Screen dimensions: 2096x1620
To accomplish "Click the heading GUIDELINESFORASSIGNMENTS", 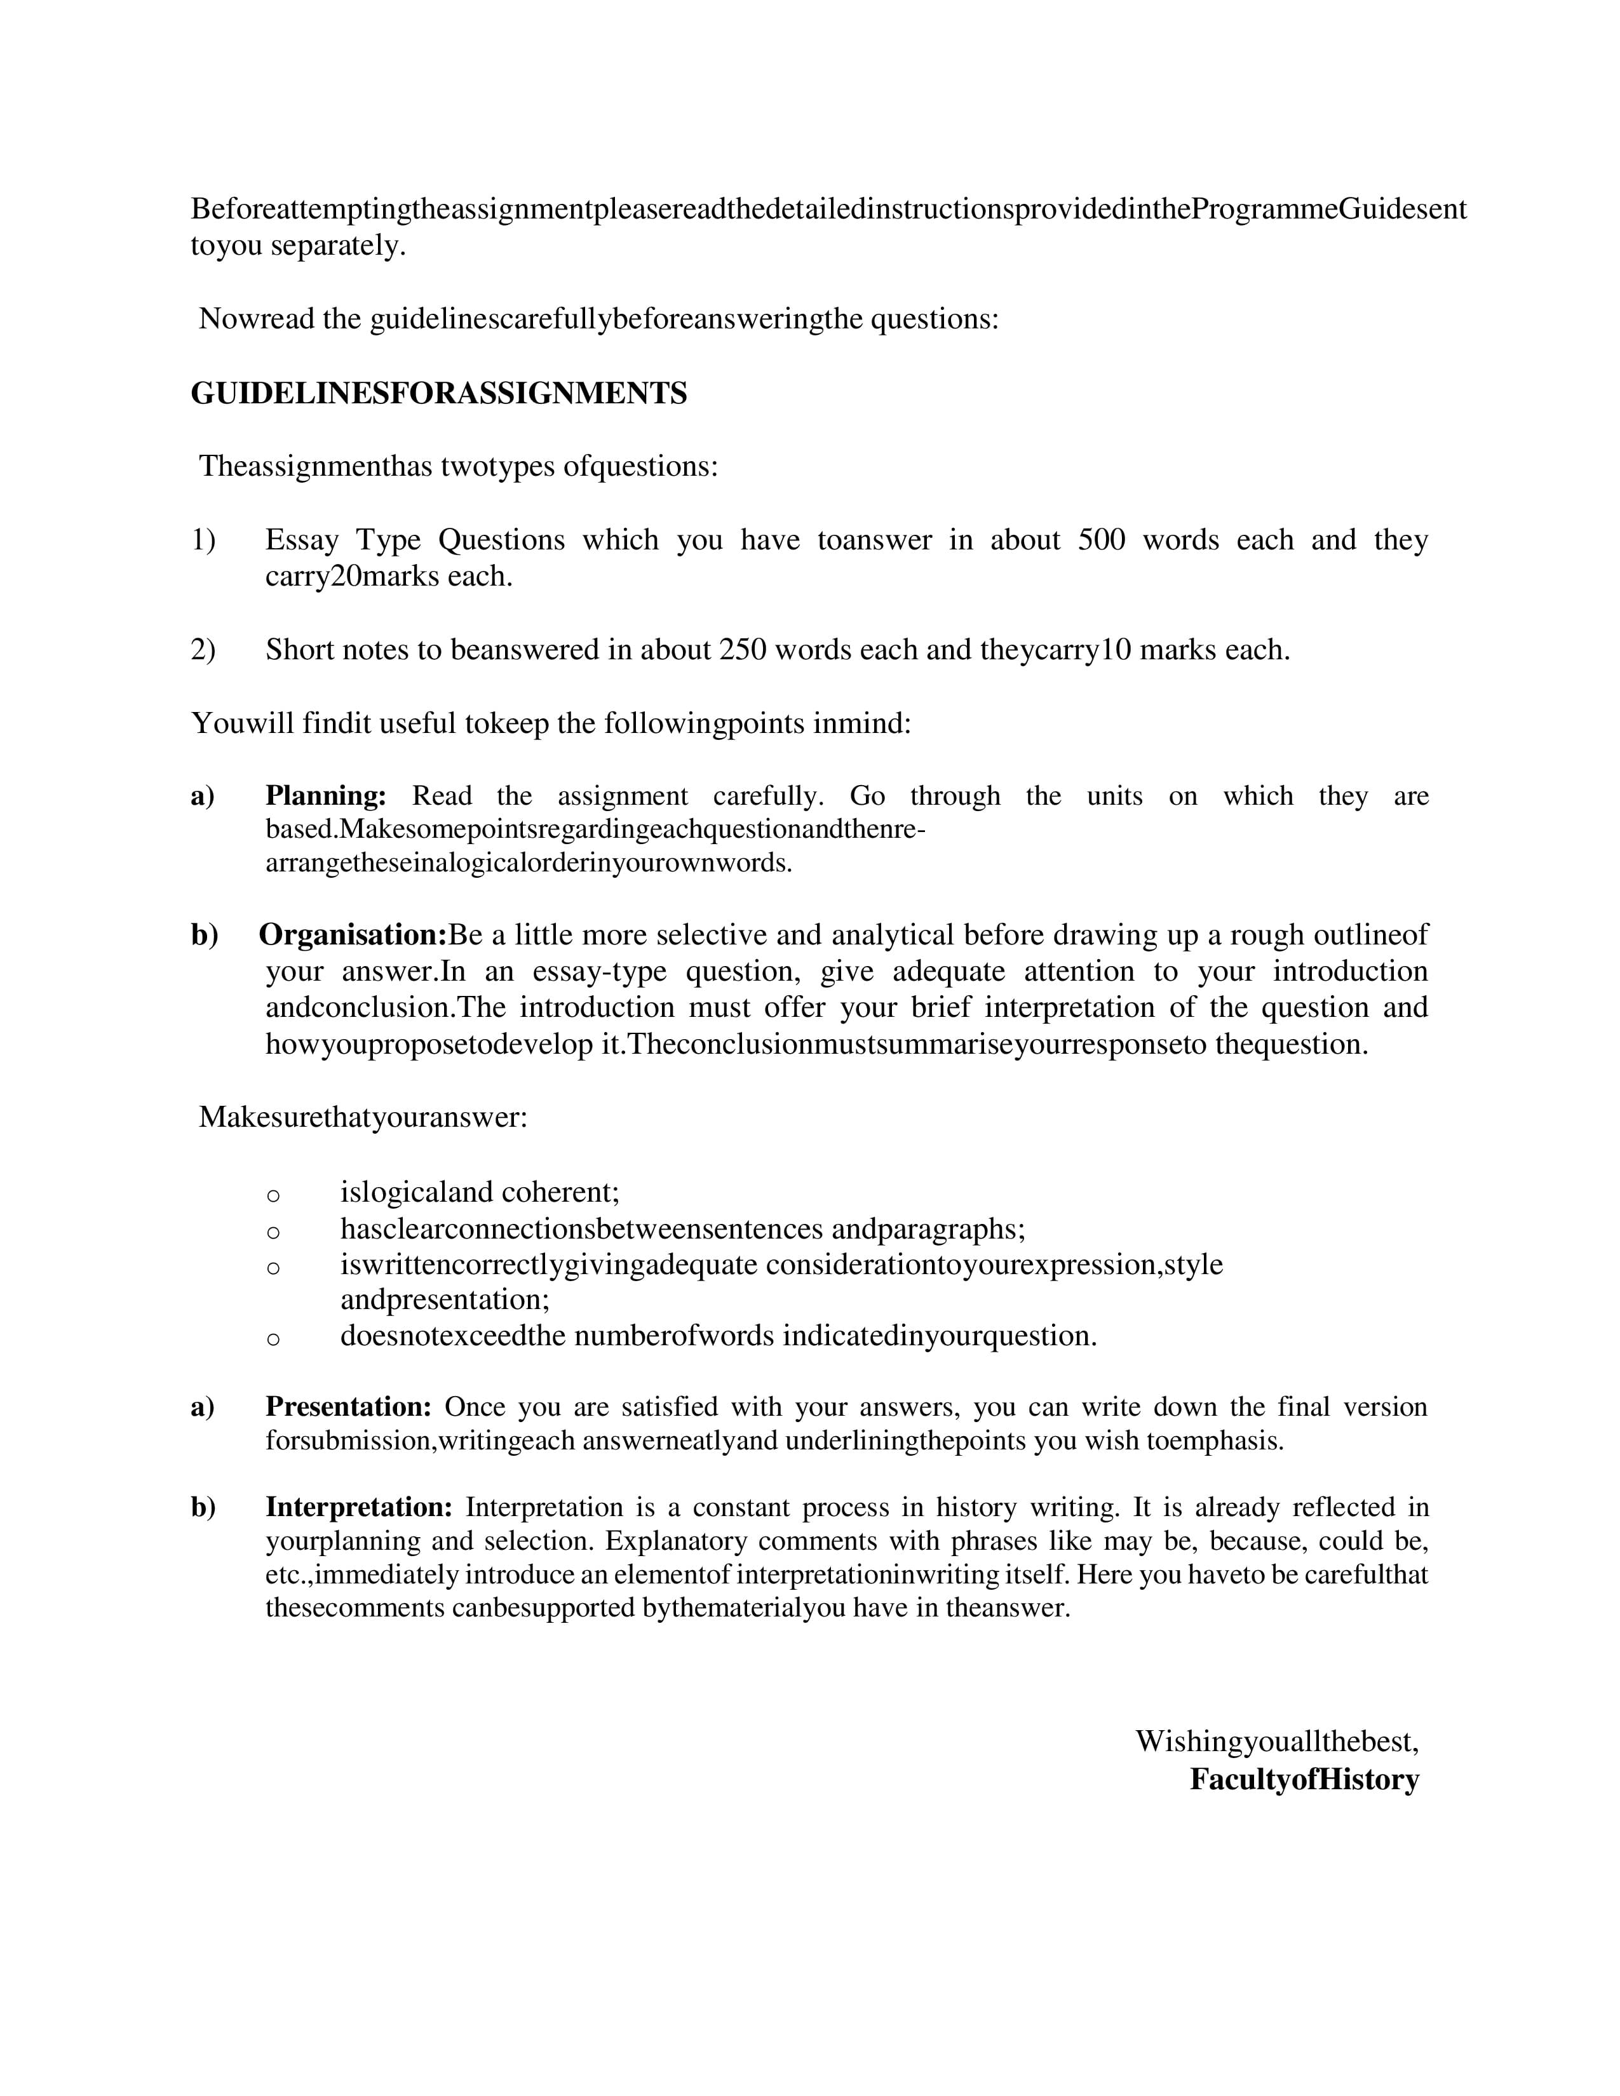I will tap(438, 394).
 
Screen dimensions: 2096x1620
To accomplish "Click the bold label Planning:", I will tap(325, 796).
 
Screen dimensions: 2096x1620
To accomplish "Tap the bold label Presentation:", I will tap(348, 1406).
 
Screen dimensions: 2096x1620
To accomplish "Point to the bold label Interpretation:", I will tap(358, 1507).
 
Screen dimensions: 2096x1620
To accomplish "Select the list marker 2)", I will tap(203, 650).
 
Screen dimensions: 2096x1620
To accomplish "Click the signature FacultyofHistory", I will tap(1303, 1778).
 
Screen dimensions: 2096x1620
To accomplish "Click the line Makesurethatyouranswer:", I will tap(363, 1117).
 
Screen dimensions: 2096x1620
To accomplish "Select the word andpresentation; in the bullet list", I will tap(444, 1300).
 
